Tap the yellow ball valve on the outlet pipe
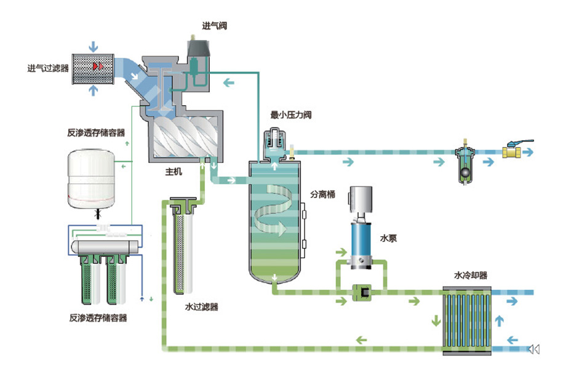512,151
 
